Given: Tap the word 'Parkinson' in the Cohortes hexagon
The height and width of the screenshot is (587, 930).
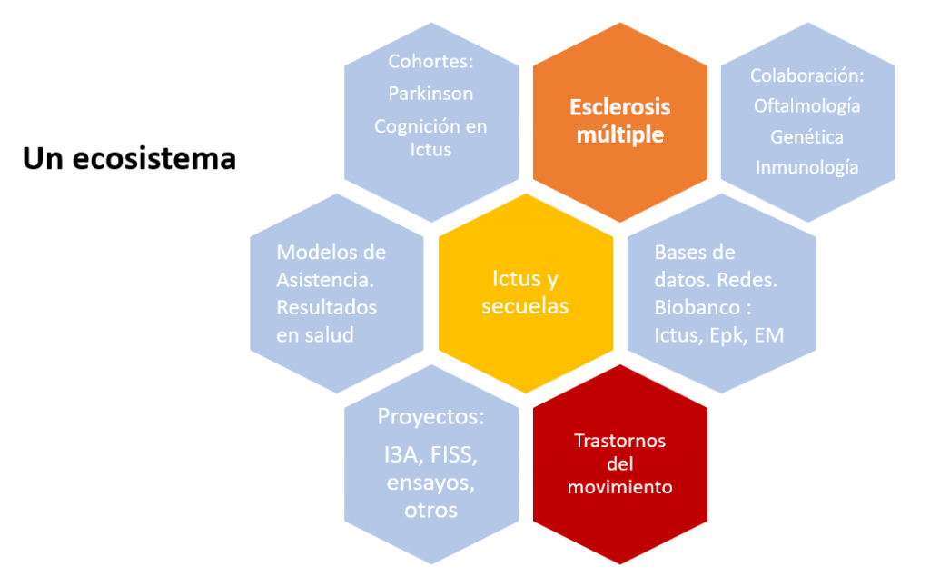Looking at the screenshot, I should [x=430, y=93].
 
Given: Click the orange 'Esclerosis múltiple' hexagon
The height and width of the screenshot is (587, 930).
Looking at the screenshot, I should [x=619, y=121].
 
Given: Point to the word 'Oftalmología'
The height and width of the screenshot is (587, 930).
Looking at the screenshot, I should [x=807, y=105].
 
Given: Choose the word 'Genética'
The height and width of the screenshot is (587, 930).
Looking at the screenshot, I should [x=807, y=136].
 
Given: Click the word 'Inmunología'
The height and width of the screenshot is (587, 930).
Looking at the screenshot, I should [x=807, y=167].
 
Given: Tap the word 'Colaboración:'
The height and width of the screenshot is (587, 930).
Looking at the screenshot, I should [x=807, y=75].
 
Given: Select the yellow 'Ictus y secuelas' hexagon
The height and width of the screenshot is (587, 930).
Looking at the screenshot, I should [x=525, y=293].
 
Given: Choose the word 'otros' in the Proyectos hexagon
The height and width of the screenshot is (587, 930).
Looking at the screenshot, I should [x=431, y=510].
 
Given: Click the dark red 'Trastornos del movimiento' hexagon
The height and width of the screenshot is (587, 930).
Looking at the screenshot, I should [x=619, y=463].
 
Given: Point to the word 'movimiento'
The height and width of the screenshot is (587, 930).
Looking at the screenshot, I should [x=619, y=487].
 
